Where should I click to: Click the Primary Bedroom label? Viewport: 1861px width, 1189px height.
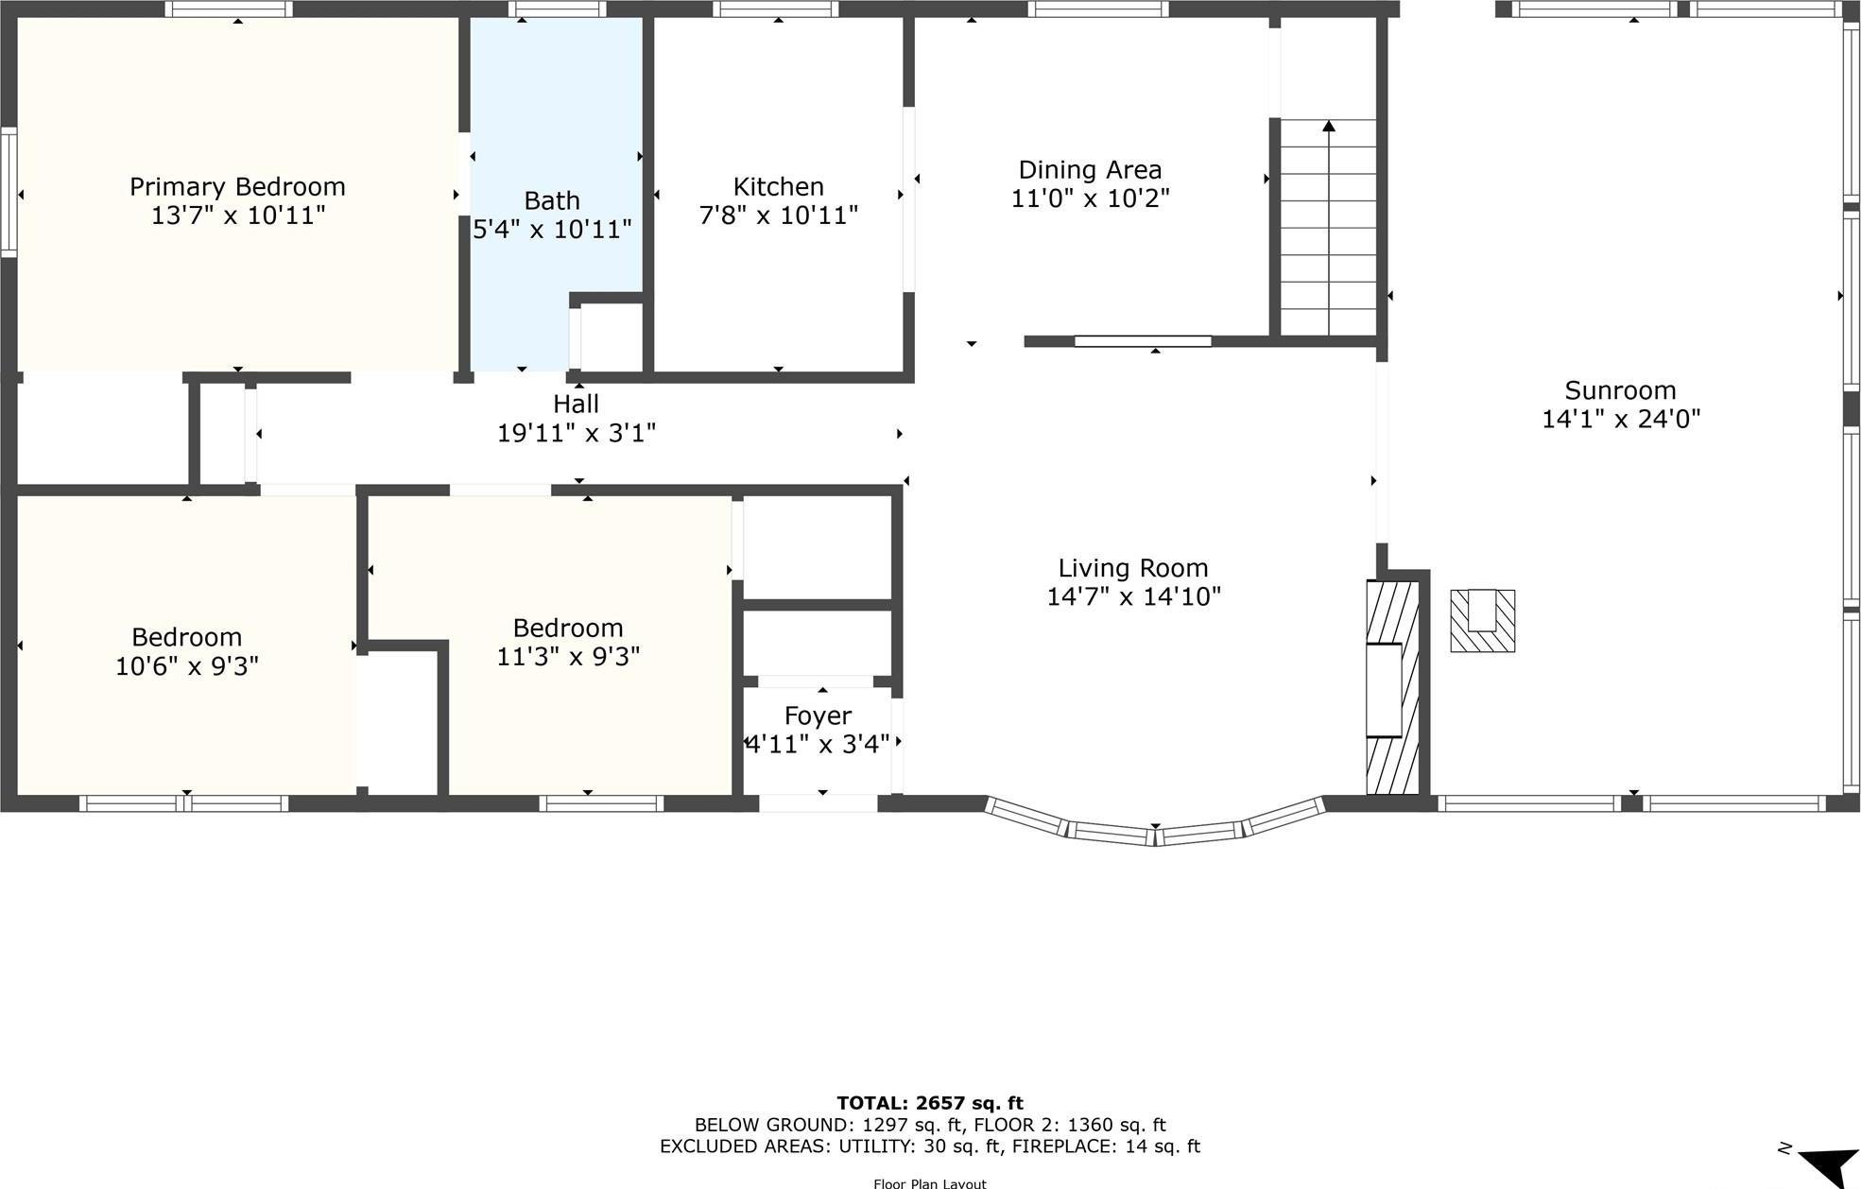click(x=237, y=186)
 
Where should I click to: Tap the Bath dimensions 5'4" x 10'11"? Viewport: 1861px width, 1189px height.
click(x=552, y=230)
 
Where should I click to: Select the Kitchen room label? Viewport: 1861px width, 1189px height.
click(x=778, y=186)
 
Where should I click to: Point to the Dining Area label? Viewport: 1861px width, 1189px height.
click(x=1090, y=170)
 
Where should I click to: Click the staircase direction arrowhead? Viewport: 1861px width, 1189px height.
click(x=1329, y=126)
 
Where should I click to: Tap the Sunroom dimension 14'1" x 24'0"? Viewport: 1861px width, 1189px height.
click(x=1621, y=420)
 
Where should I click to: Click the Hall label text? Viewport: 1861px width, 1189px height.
click(x=576, y=405)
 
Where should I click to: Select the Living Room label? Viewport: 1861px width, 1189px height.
click(x=1132, y=568)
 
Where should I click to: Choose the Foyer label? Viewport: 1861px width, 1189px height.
click(x=818, y=715)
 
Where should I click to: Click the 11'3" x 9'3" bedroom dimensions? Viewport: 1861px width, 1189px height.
click(x=568, y=657)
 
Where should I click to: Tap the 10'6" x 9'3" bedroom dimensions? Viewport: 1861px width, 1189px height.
click(x=187, y=666)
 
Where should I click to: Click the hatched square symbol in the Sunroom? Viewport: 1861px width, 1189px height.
click(x=1482, y=621)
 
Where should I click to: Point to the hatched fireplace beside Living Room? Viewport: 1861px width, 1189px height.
click(x=1391, y=688)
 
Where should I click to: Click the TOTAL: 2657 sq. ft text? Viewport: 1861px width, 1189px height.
click(x=929, y=1103)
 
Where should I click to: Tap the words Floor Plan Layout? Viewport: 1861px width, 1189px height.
click(x=929, y=1183)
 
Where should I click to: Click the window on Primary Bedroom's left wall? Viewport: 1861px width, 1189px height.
click(x=9, y=192)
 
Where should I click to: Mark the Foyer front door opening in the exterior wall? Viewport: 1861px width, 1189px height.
click(x=818, y=803)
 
